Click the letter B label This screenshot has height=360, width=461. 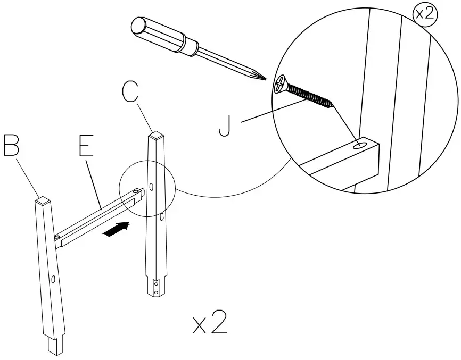pos(12,145)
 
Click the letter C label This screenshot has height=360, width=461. pos(131,92)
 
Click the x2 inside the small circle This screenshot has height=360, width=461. pos(425,14)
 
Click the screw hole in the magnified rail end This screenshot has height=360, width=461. pos(360,144)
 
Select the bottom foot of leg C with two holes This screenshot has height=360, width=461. pos(156,287)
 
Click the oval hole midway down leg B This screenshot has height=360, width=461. pos(54,279)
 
